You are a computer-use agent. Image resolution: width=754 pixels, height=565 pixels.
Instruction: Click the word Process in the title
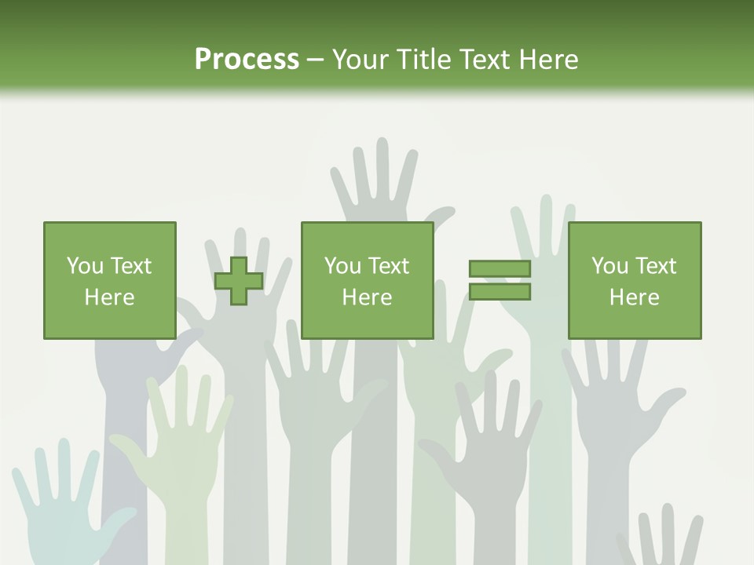[247, 59]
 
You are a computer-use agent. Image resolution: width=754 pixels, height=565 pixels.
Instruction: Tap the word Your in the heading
[360, 59]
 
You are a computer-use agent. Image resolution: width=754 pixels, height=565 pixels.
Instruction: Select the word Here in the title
[548, 59]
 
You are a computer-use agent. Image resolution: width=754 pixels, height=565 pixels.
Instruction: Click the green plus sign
[239, 281]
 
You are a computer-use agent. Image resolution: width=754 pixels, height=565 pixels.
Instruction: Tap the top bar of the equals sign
[500, 268]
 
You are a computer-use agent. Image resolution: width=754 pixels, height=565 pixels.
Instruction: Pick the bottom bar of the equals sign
[500, 292]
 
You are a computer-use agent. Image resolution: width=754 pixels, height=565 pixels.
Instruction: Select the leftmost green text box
[109, 280]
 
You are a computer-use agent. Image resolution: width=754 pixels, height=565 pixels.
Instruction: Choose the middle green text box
[367, 280]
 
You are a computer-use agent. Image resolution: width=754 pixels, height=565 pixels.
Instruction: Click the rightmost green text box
[634, 280]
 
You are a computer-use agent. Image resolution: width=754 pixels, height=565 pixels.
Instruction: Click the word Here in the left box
[109, 297]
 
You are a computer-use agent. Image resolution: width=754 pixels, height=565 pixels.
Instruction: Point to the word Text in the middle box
[389, 266]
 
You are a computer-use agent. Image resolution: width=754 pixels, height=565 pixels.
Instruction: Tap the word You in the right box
[609, 266]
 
